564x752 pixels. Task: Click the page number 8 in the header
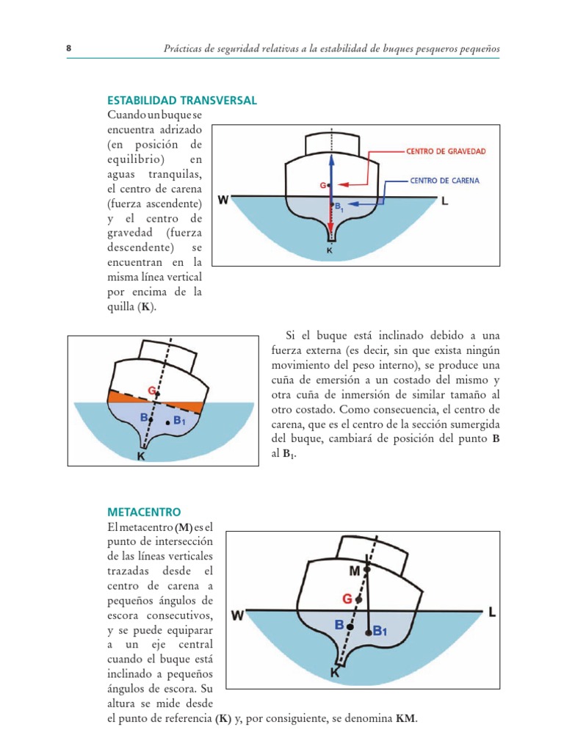(x=68, y=48)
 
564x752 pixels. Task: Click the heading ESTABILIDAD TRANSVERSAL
(x=182, y=101)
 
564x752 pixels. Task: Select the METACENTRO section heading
(x=144, y=511)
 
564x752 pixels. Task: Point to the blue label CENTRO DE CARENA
(x=447, y=180)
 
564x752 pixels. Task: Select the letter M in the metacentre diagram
(x=354, y=571)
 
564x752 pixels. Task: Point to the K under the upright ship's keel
(x=330, y=250)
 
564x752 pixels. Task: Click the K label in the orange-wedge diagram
(x=141, y=456)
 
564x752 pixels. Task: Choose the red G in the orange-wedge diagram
(x=151, y=390)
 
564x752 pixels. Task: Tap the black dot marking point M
(x=367, y=569)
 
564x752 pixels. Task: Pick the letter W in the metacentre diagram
(x=237, y=617)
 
